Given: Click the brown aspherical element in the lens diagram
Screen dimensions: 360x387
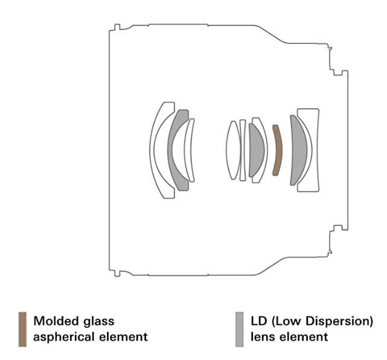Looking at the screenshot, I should pos(277,150).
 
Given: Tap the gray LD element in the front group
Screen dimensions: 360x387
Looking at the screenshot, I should pos(176,149).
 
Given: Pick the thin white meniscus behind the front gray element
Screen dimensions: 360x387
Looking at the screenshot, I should pos(190,150).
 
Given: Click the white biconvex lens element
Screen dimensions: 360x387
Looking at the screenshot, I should pos(232,150).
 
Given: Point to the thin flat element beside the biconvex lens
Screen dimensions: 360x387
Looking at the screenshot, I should pos(243,150).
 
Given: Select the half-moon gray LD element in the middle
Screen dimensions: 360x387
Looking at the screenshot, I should pos(256,150).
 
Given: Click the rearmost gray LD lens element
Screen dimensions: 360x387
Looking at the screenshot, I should pos(296,150).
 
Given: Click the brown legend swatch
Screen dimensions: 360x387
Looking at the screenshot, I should pos(22,329).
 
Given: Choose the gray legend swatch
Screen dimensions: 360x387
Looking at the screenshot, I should pos(239,329).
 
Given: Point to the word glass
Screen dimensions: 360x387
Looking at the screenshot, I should pos(98,321).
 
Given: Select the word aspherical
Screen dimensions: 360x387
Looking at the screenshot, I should pos(63,336).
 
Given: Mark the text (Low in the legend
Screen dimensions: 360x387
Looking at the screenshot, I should pos(286,321).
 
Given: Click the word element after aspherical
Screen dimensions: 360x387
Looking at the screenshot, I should pos(124,336).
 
